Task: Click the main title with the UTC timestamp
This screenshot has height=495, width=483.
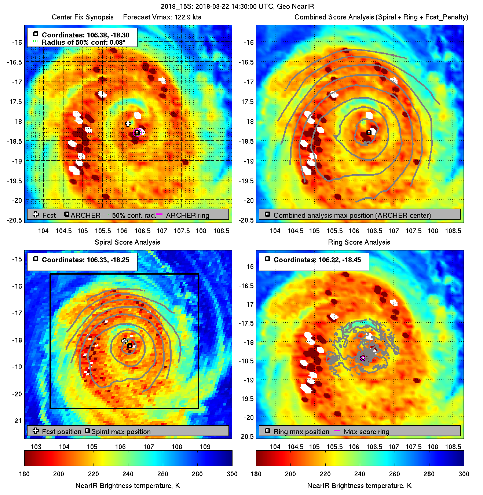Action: tap(237, 6)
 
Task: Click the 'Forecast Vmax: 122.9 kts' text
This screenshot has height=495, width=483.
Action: tap(162, 17)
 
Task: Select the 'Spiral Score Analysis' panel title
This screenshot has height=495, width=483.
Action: tap(127, 242)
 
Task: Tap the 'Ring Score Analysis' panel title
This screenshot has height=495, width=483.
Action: tap(359, 242)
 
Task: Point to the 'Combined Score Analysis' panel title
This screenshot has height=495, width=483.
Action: tap(381, 17)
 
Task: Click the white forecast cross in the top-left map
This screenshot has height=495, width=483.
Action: tap(128, 124)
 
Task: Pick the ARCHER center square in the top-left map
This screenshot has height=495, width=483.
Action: tap(137, 132)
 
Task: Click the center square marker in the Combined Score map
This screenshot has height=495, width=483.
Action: tap(369, 132)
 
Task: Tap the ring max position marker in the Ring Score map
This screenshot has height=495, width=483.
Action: tap(363, 358)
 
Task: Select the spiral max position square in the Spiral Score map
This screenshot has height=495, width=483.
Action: tap(130, 346)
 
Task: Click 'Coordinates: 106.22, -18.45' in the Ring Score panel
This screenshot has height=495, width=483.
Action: tap(317, 260)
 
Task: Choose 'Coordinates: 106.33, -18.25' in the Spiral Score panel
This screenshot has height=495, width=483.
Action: tap(85, 260)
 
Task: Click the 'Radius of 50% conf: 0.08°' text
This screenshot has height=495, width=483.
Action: tap(83, 42)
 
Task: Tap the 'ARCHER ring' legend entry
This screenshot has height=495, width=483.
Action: tap(187, 215)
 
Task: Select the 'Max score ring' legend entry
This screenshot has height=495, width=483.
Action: tap(366, 432)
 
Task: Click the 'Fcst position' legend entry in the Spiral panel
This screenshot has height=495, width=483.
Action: tap(61, 432)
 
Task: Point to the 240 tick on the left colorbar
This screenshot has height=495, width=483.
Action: tap(128, 474)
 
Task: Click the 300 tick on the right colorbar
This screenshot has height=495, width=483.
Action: tap(464, 474)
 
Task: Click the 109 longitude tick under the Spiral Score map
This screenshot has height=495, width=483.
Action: tap(205, 447)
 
